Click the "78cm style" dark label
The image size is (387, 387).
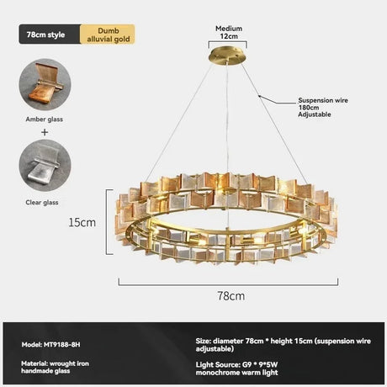click(x=50, y=34)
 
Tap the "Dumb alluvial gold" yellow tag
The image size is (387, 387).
click(x=108, y=34)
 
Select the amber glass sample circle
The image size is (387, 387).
click(x=45, y=84)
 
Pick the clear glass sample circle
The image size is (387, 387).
click(x=45, y=166)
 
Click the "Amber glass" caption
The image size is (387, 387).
click(x=45, y=119)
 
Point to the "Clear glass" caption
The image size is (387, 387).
click(x=42, y=203)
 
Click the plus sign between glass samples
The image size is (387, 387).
click(x=45, y=132)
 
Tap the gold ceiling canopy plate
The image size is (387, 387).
click(x=227, y=56)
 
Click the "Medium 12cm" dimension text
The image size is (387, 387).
click(x=229, y=32)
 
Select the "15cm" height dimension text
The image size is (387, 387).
click(x=82, y=222)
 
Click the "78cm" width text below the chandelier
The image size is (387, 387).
click(x=231, y=296)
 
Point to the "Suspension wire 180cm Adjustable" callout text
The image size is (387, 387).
click(x=323, y=108)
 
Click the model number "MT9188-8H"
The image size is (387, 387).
click(x=62, y=344)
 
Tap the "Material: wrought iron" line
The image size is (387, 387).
click(x=55, y=363)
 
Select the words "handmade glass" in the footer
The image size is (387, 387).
click(x=45, y=371)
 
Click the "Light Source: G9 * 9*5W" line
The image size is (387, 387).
click(x=236, y=364)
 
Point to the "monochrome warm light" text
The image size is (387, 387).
click(x=236, y=373)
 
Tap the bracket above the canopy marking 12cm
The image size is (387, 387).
click(x=227, y=44)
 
